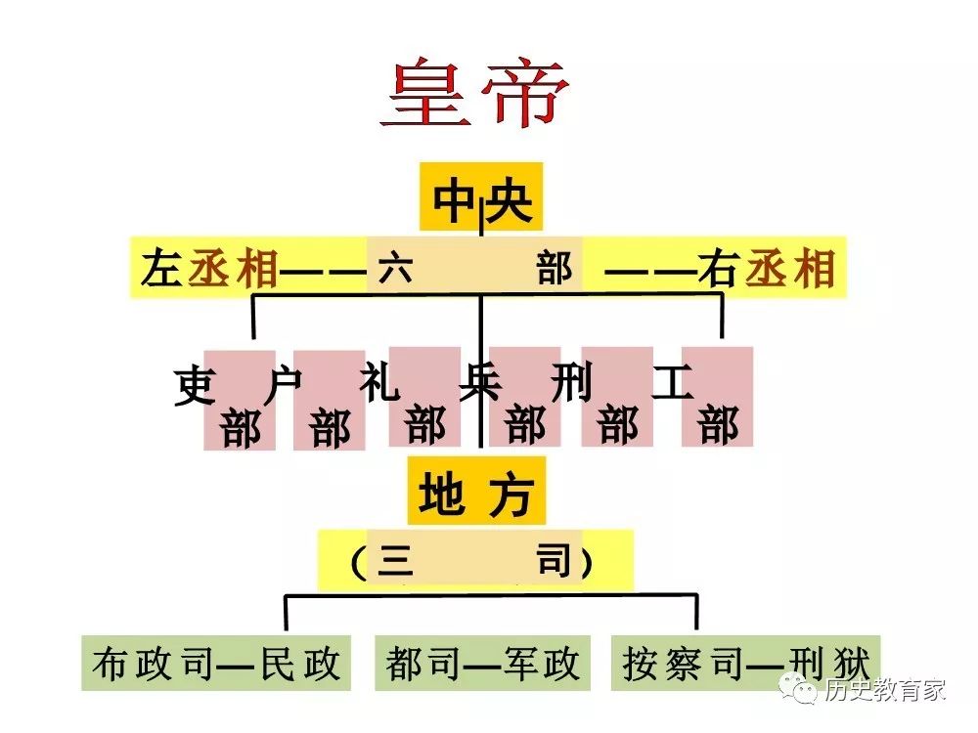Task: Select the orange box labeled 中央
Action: (481, 197)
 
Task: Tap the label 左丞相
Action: (209, 269)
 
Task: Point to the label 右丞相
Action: (767, 269)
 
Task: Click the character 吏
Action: (196, 386)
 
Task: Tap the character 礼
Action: (379, 381)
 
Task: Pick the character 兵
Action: (480, 381)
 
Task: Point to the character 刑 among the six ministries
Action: (571, 381)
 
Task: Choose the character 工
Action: (673, 381)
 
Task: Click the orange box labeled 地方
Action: (476, 491)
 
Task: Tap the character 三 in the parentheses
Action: (395, 561)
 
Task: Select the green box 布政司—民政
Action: (216, 663)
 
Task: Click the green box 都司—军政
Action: (482, 663)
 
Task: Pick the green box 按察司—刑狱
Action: (745, 663)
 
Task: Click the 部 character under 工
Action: (718, 426)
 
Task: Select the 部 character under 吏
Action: (241, 429)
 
